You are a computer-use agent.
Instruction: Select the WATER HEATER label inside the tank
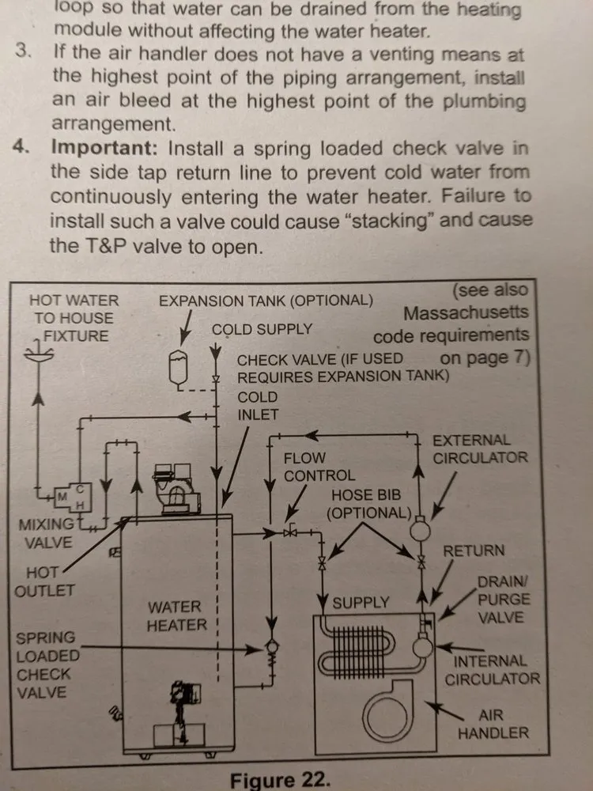pos(176,615)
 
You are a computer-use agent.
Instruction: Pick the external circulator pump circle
pos(420,524)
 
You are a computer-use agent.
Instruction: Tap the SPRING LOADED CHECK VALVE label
pos(47,664)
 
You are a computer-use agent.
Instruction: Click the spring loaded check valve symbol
pos(270,651)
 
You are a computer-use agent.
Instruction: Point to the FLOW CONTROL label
pos(319,467)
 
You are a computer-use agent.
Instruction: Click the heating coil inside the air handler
pos(372,649)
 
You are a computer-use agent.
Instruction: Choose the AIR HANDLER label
pos(493,723)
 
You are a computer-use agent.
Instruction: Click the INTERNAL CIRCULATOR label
pos(492,669)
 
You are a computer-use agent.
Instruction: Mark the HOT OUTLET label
pos(50,581)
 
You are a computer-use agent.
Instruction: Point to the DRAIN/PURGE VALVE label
pos(503,600)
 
